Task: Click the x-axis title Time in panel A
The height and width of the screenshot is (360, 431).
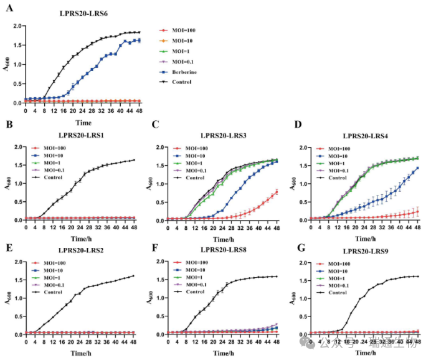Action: coord(83,123)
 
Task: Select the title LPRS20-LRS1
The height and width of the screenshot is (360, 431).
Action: coord(84,135)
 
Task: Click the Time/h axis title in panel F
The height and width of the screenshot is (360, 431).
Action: coord(222,353)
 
